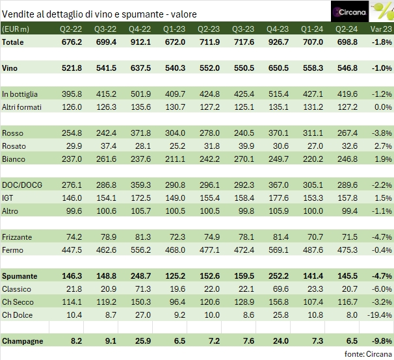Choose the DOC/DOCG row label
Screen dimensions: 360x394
click(x=22, y=185)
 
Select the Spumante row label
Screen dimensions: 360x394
click(x=20, y=276)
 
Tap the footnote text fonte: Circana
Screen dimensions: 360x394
click(x=369, y=354)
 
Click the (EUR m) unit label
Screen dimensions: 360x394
click(x=18, y=29)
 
